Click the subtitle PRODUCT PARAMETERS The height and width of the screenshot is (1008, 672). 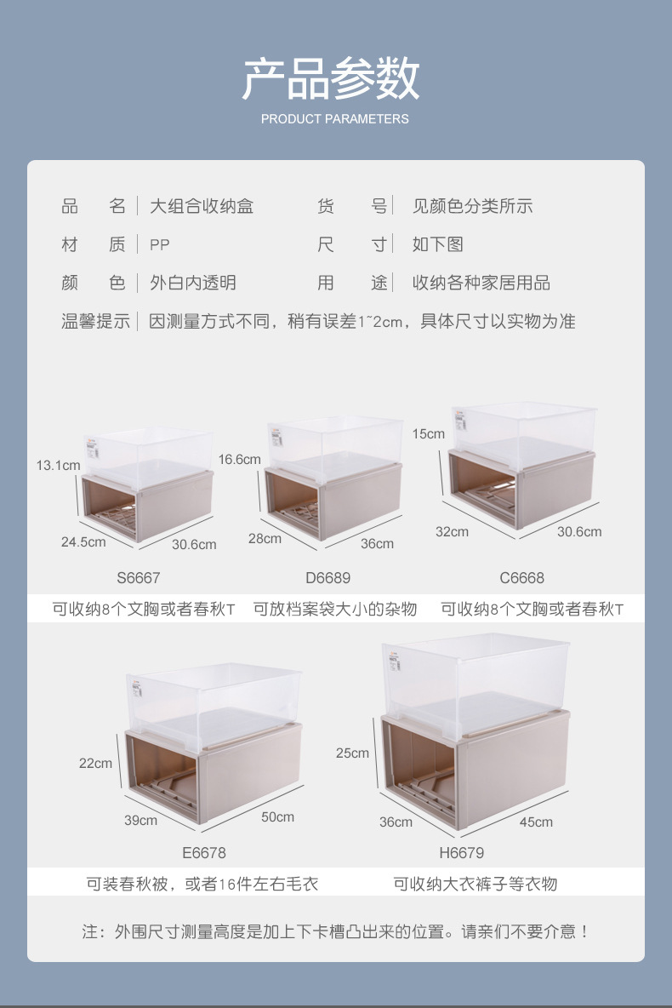pyautogui.click(x=334, y=119)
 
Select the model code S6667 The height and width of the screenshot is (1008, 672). pyautogui.click(x=139, y=578)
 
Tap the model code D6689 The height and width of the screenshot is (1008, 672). pyautogui.click(x=327, y=578)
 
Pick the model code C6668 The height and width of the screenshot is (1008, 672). pyautogui.click(x=521, y=578)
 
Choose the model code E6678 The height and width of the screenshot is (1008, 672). pyautogui.click(x=204, y=852)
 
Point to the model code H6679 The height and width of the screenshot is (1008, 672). pyautogui.click(x=461, y=852)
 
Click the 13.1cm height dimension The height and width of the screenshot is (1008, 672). pyautogui.click(x=58, y=466)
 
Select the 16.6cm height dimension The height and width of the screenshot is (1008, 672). pyautogui.click(x=239, y=460)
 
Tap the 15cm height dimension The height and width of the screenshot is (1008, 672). pyautogui.click(x=429, y=434)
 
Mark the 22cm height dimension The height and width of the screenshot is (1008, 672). pyautogui.click(x=95, y=763)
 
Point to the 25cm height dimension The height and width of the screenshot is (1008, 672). pyautogui.click(x=353, y=753)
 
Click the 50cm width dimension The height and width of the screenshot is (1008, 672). pyautogui.click(x=277, y=817)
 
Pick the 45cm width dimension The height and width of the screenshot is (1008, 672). pyautogui.click(x=536, y=822)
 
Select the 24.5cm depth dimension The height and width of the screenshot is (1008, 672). pyautogui.click(x=83, y=541)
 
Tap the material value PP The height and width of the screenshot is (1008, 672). pyautogui.click(x=160, y=245)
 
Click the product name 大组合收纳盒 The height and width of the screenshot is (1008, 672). pyautogui.click(x=202, y=206)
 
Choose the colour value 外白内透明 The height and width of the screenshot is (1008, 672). pyautogui.click(x=193, y=283)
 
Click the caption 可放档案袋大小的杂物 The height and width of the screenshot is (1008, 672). pyautogui.click(x=335, y=609)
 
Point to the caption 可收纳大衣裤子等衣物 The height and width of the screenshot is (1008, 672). pyautogui.click(x=475, y=884)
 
